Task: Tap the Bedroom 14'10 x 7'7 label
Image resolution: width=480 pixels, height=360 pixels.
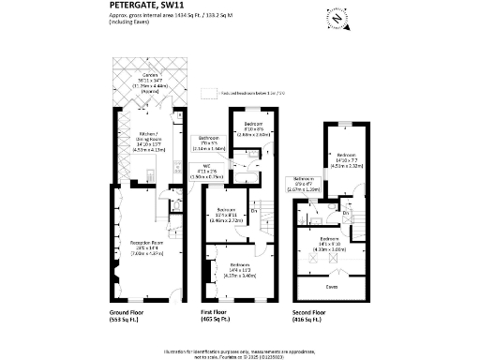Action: [x=347, y=159]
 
